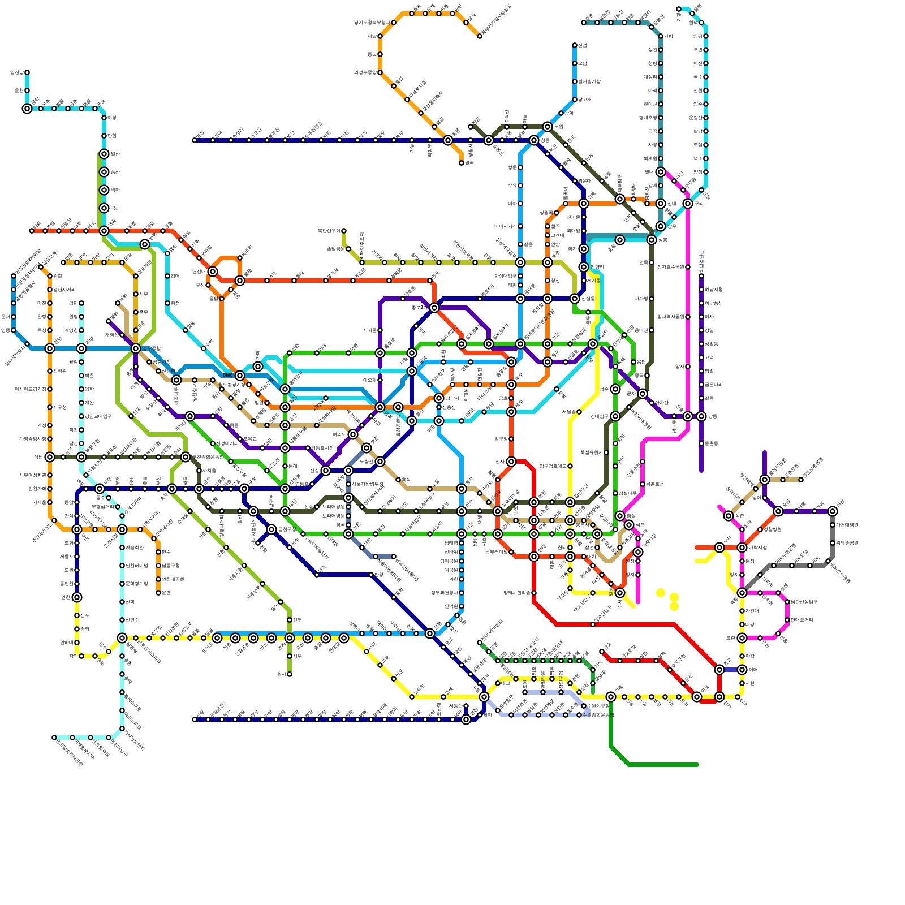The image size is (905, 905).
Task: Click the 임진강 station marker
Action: click(27, 72)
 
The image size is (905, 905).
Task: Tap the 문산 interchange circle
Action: click(27, 109)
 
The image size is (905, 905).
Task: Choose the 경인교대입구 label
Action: click(99, 416)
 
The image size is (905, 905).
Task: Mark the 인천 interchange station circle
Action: click(77, 597)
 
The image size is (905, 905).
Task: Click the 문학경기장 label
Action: click(136, 584)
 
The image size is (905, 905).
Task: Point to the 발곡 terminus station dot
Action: click(462, 163)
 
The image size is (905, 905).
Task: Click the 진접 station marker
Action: click(679, 9)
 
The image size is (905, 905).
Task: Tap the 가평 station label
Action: click(668, 36)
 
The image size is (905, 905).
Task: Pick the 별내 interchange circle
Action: click(661, 172)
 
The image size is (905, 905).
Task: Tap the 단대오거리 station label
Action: click(801, 620)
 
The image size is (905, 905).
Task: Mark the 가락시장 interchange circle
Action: click(742, 548)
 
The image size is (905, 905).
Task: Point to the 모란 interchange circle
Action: click(742, 638)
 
